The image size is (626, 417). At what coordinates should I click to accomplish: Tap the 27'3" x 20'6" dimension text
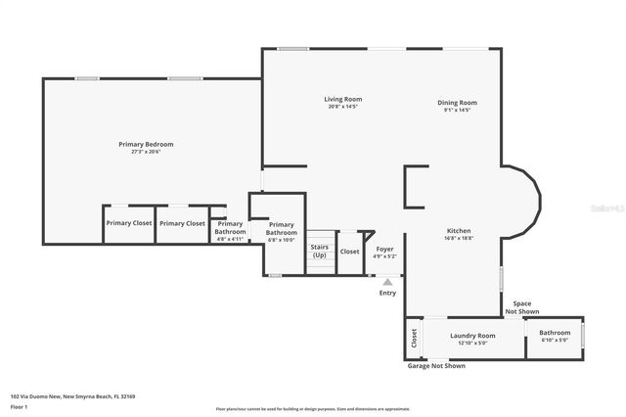(146, 152)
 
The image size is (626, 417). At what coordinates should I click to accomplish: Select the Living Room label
(343, 99)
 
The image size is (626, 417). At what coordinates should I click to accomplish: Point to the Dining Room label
(457, 103)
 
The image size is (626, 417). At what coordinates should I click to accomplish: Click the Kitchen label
(459, 231)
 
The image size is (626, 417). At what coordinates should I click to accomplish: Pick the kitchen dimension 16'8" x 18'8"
(459, 238)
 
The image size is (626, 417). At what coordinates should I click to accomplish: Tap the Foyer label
(385, 249)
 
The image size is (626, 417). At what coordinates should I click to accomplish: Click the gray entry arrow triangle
(387, 282)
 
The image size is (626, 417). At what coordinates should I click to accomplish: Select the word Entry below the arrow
(388, 293)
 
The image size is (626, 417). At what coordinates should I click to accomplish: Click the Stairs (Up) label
(320, 251)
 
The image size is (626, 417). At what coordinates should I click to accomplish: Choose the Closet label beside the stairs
(349, 252)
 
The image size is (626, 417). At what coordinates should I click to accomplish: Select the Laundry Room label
(472, 336)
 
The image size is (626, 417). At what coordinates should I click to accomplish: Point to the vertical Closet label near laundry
(414, 339)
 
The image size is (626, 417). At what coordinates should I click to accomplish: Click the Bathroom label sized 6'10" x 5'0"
(555, 333)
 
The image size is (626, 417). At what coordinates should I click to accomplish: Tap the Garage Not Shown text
(436, 365)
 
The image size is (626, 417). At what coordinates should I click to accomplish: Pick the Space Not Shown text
(523, 307)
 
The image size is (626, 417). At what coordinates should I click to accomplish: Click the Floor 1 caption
(20, 406)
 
